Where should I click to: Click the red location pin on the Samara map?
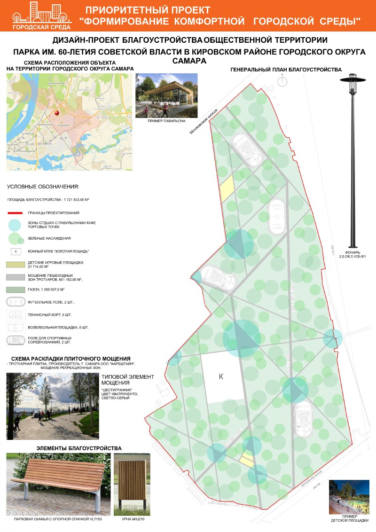click(57, 113)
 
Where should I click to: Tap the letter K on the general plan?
click(220, 376)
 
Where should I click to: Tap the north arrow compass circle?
click(282, 81)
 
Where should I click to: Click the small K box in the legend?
click(16, 251)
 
